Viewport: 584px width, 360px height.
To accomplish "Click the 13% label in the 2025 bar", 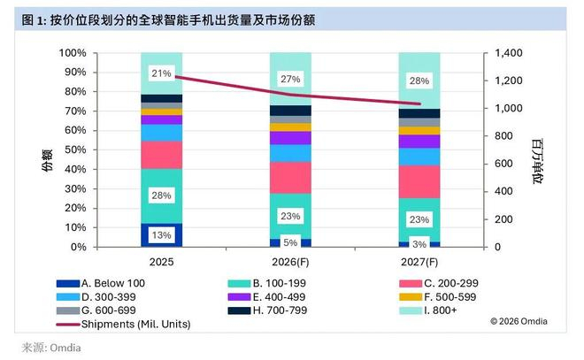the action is [161, 235].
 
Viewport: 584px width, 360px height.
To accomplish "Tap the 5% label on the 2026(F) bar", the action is [290, 242].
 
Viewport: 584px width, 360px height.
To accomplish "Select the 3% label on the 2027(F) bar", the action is [419, 244].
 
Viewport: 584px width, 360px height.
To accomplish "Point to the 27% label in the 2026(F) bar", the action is [290, 79].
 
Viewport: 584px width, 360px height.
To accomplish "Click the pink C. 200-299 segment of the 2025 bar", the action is [161, 155].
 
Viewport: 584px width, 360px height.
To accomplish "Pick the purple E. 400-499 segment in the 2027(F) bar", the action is [419, 142].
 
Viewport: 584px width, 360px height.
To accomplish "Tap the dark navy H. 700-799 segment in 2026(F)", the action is [290, 111].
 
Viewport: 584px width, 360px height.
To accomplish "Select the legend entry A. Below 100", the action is [101, 283].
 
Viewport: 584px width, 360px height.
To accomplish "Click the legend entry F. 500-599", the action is [438, 297].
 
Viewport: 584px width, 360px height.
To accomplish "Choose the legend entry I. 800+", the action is [428, 310].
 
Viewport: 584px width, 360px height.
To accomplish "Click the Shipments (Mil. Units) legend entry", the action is [123, 325].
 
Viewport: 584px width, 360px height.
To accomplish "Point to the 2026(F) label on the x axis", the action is [290, 262].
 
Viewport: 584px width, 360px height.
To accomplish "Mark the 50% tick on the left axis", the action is [75, 149].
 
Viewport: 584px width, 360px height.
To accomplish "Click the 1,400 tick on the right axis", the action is [509, 53].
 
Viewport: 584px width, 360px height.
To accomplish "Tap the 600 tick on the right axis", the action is [503, 164].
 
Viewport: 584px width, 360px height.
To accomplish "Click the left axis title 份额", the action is [47, 160].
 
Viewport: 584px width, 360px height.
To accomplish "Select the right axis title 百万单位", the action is [537, 161].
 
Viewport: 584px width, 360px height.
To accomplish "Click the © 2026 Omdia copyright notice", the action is [519, 321].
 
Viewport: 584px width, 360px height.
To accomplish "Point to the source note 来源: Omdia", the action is [51, 348].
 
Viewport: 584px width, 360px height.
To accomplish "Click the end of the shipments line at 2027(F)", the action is [419, 103].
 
